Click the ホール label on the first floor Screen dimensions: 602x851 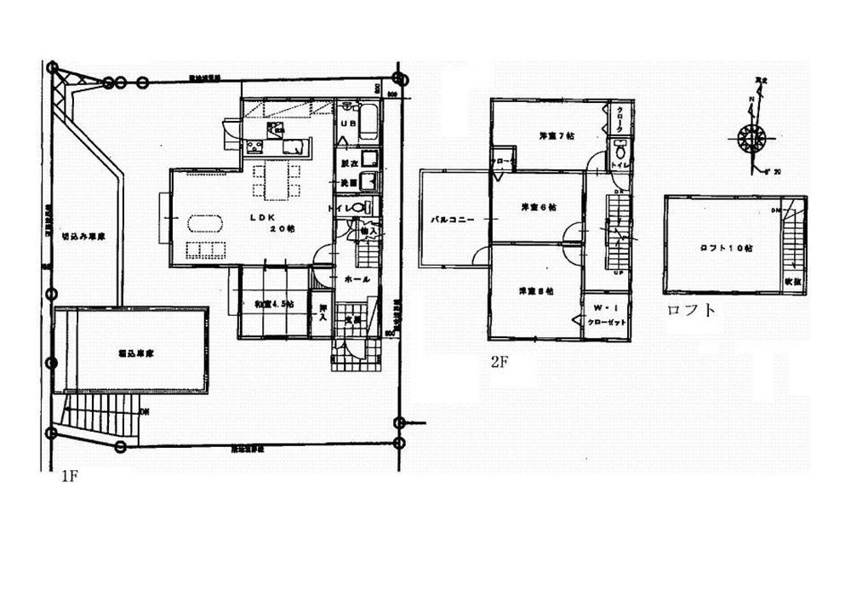pos(356,278)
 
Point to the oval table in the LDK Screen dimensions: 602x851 pos(205,224)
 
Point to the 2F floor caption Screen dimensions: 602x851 pos(499,361)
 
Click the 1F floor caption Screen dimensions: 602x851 pos(69,478)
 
